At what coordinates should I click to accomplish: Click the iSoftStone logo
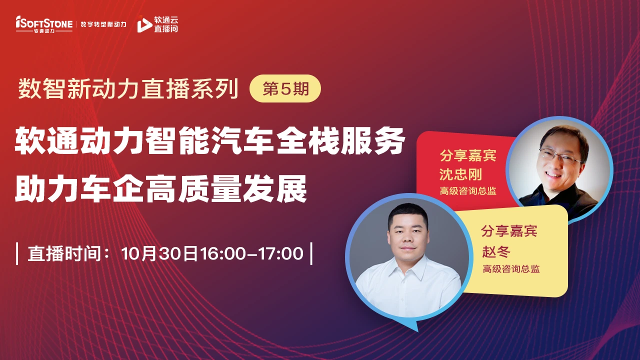44,24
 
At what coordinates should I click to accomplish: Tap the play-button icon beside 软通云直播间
144,25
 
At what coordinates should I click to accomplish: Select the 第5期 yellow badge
285,88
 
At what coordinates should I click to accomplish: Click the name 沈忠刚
460,174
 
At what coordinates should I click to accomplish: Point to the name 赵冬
496,251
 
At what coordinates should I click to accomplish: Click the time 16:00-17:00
251,253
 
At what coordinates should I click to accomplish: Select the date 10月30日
159,253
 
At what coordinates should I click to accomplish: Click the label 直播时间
64,253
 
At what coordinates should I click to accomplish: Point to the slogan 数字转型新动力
103,24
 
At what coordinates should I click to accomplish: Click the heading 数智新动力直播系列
128,89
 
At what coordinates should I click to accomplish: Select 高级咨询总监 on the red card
468,191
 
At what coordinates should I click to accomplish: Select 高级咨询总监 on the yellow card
511,269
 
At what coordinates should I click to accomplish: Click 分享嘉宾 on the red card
468,155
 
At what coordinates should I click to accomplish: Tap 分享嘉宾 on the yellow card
509,231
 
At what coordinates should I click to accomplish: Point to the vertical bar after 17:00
311,253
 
